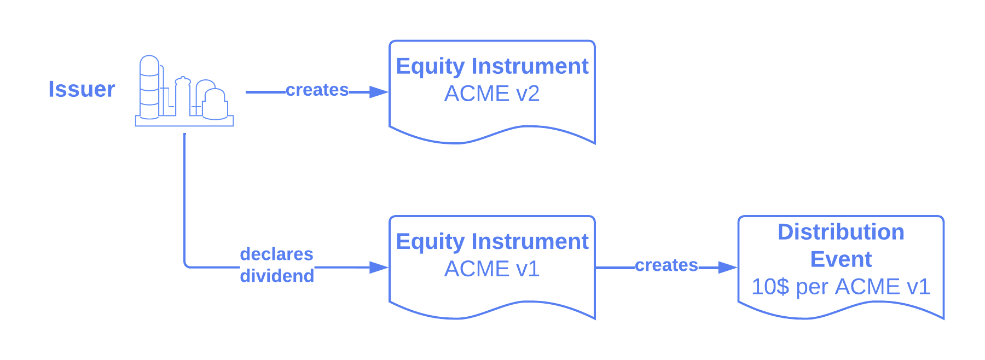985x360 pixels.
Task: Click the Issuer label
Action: click(82, 89)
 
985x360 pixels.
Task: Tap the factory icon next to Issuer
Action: click(184, 91)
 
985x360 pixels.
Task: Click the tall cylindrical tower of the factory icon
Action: click(149, 88)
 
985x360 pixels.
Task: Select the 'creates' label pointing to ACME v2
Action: click(317, 90)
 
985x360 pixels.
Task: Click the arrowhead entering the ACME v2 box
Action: click(379, 92)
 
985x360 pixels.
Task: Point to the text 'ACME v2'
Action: click(491, 94)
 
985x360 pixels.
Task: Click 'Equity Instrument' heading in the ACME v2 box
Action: click(492, 66)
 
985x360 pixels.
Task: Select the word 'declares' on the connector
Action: click(276, 254)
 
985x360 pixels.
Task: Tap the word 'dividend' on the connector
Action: click(277, 276)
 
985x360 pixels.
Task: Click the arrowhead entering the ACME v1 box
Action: click(379, 267)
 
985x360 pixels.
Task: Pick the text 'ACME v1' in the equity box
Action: click(491, 269)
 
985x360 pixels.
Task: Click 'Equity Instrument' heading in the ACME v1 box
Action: click(492, 241)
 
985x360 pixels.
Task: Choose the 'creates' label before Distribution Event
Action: click(666, 265)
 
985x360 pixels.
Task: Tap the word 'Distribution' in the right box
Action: click(841, 232)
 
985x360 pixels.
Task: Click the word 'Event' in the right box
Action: click(841, 259)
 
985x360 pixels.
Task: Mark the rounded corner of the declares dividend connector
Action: click(186, 265)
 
